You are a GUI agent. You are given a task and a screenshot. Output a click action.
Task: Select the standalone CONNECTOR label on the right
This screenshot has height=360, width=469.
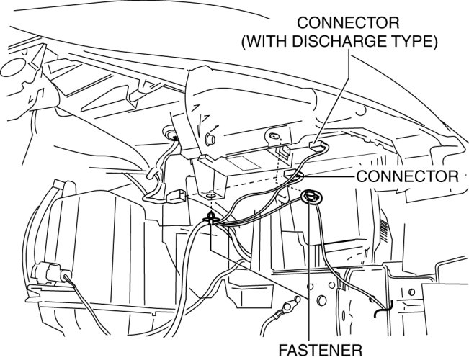[407, 176]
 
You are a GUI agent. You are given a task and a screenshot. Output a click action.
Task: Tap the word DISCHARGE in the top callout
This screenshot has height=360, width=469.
[344, 42]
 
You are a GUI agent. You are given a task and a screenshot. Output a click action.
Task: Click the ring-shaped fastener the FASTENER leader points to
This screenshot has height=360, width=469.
[312, 196]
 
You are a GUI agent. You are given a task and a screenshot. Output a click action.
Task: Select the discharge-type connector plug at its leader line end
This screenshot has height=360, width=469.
[316, 145]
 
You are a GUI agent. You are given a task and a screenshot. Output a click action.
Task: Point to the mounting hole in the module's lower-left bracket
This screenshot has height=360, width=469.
[210, 196]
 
